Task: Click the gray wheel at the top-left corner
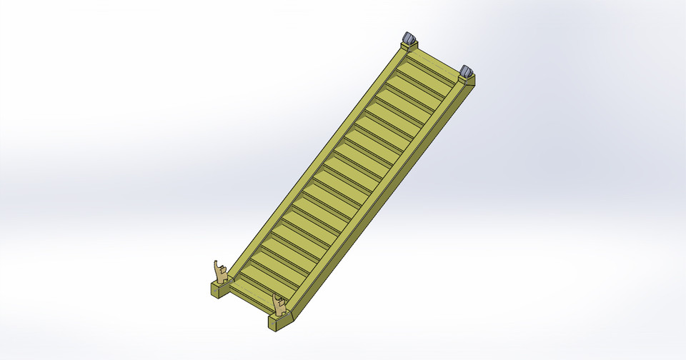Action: tap(409, 38)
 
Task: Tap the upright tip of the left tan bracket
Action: tap(216, 262)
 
